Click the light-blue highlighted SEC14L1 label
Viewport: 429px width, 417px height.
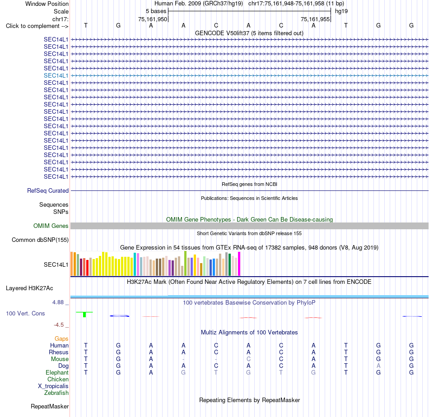pos(56,75)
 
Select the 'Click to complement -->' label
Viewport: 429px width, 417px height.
pos(37,26)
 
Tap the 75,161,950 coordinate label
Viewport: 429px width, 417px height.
pos(152,19)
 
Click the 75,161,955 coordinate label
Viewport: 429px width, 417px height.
pos(315,19)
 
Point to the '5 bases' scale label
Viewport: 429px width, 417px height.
pos(156,11)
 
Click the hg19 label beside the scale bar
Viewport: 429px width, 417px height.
pos(341,11)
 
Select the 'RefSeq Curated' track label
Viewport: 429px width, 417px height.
pos(48,190)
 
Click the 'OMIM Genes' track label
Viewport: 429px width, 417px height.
pos(51,226)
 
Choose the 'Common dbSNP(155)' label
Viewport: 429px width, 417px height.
pos(40,240)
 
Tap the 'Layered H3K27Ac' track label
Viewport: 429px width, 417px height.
pos(29,288)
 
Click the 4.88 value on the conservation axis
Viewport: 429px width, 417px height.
pos(58,302)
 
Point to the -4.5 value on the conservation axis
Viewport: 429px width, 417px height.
pos(59,325)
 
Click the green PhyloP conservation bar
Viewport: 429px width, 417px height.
pos(84,314)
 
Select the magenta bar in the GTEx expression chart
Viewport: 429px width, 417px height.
pos(239,264)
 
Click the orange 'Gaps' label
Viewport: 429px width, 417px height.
pos(61,339)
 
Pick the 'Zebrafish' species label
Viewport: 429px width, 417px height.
pos(56,393)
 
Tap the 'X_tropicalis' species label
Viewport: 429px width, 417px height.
pos(53,386)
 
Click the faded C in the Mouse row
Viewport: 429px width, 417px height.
pos(248,359)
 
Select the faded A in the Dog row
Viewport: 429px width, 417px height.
pos(378,366)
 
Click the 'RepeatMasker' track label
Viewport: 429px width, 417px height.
pos(50,407)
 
